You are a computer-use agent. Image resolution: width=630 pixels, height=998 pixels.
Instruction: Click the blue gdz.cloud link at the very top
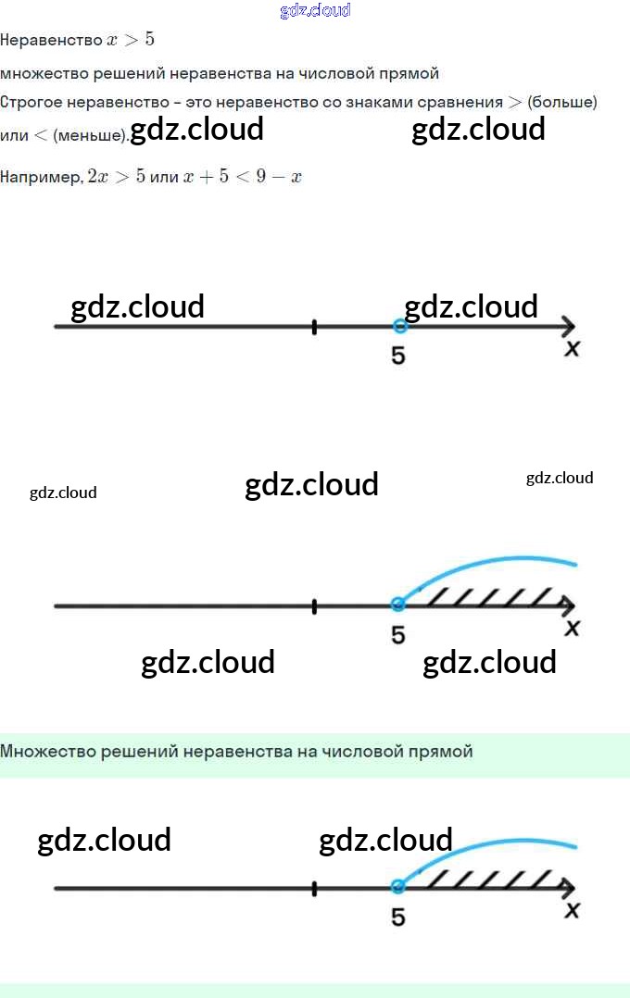315,11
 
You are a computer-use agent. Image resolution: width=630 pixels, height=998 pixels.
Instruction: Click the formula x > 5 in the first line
131,40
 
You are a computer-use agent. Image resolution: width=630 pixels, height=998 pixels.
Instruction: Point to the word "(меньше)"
90,136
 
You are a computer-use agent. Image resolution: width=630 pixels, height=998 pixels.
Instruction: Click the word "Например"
41,177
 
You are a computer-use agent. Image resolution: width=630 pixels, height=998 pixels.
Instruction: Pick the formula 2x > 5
116,177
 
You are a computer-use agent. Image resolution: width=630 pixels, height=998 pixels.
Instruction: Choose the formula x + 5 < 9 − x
243,177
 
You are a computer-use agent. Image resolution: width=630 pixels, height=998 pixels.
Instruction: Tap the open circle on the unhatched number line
399,326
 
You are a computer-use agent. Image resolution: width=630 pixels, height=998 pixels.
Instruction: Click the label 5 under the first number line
397,356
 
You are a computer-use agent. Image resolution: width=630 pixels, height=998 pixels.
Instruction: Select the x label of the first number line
573,349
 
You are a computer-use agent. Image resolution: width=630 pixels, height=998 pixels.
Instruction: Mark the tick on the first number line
315,327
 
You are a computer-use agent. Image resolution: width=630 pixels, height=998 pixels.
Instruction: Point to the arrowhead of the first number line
568,326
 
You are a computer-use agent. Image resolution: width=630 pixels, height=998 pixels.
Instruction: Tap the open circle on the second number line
398,605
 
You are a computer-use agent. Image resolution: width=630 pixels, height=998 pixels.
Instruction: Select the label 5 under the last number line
397,917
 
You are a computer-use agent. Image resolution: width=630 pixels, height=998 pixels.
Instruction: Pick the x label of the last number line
573,911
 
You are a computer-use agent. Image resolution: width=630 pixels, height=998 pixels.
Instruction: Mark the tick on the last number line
315,889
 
